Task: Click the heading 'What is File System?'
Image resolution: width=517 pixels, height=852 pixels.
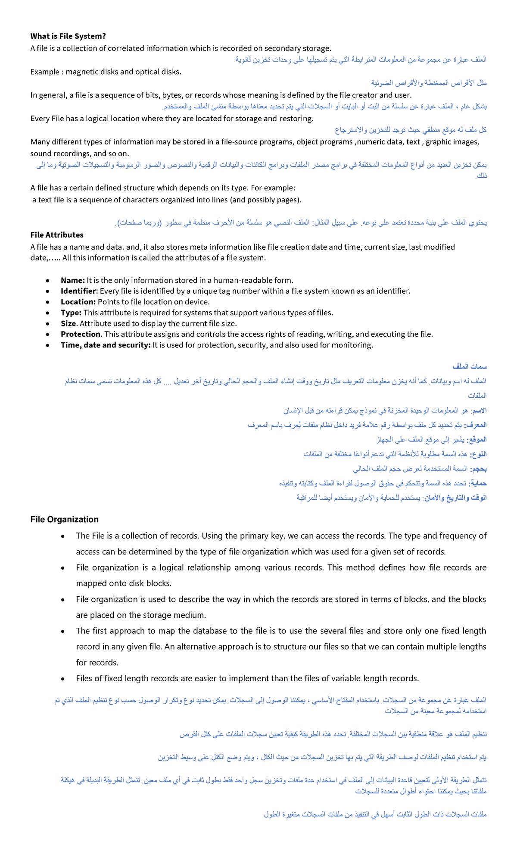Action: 68,36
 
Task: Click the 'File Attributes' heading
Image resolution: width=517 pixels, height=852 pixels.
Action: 57,235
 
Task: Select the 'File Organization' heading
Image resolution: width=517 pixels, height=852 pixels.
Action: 65,520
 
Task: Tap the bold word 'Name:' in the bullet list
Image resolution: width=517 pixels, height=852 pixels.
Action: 72,280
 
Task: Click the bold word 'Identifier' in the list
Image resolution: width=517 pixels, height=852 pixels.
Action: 78,291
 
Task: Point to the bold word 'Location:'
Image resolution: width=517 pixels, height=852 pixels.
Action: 78,302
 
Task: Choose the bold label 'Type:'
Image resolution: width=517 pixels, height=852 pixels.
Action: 71,313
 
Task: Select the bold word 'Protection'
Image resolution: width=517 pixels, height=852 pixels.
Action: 81,334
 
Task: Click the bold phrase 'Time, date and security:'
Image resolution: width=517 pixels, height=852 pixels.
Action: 106,345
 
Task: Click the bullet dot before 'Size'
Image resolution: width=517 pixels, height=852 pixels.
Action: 48,324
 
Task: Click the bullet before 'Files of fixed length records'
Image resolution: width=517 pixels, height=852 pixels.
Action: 63,679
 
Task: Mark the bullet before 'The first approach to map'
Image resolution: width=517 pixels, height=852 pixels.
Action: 63,631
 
